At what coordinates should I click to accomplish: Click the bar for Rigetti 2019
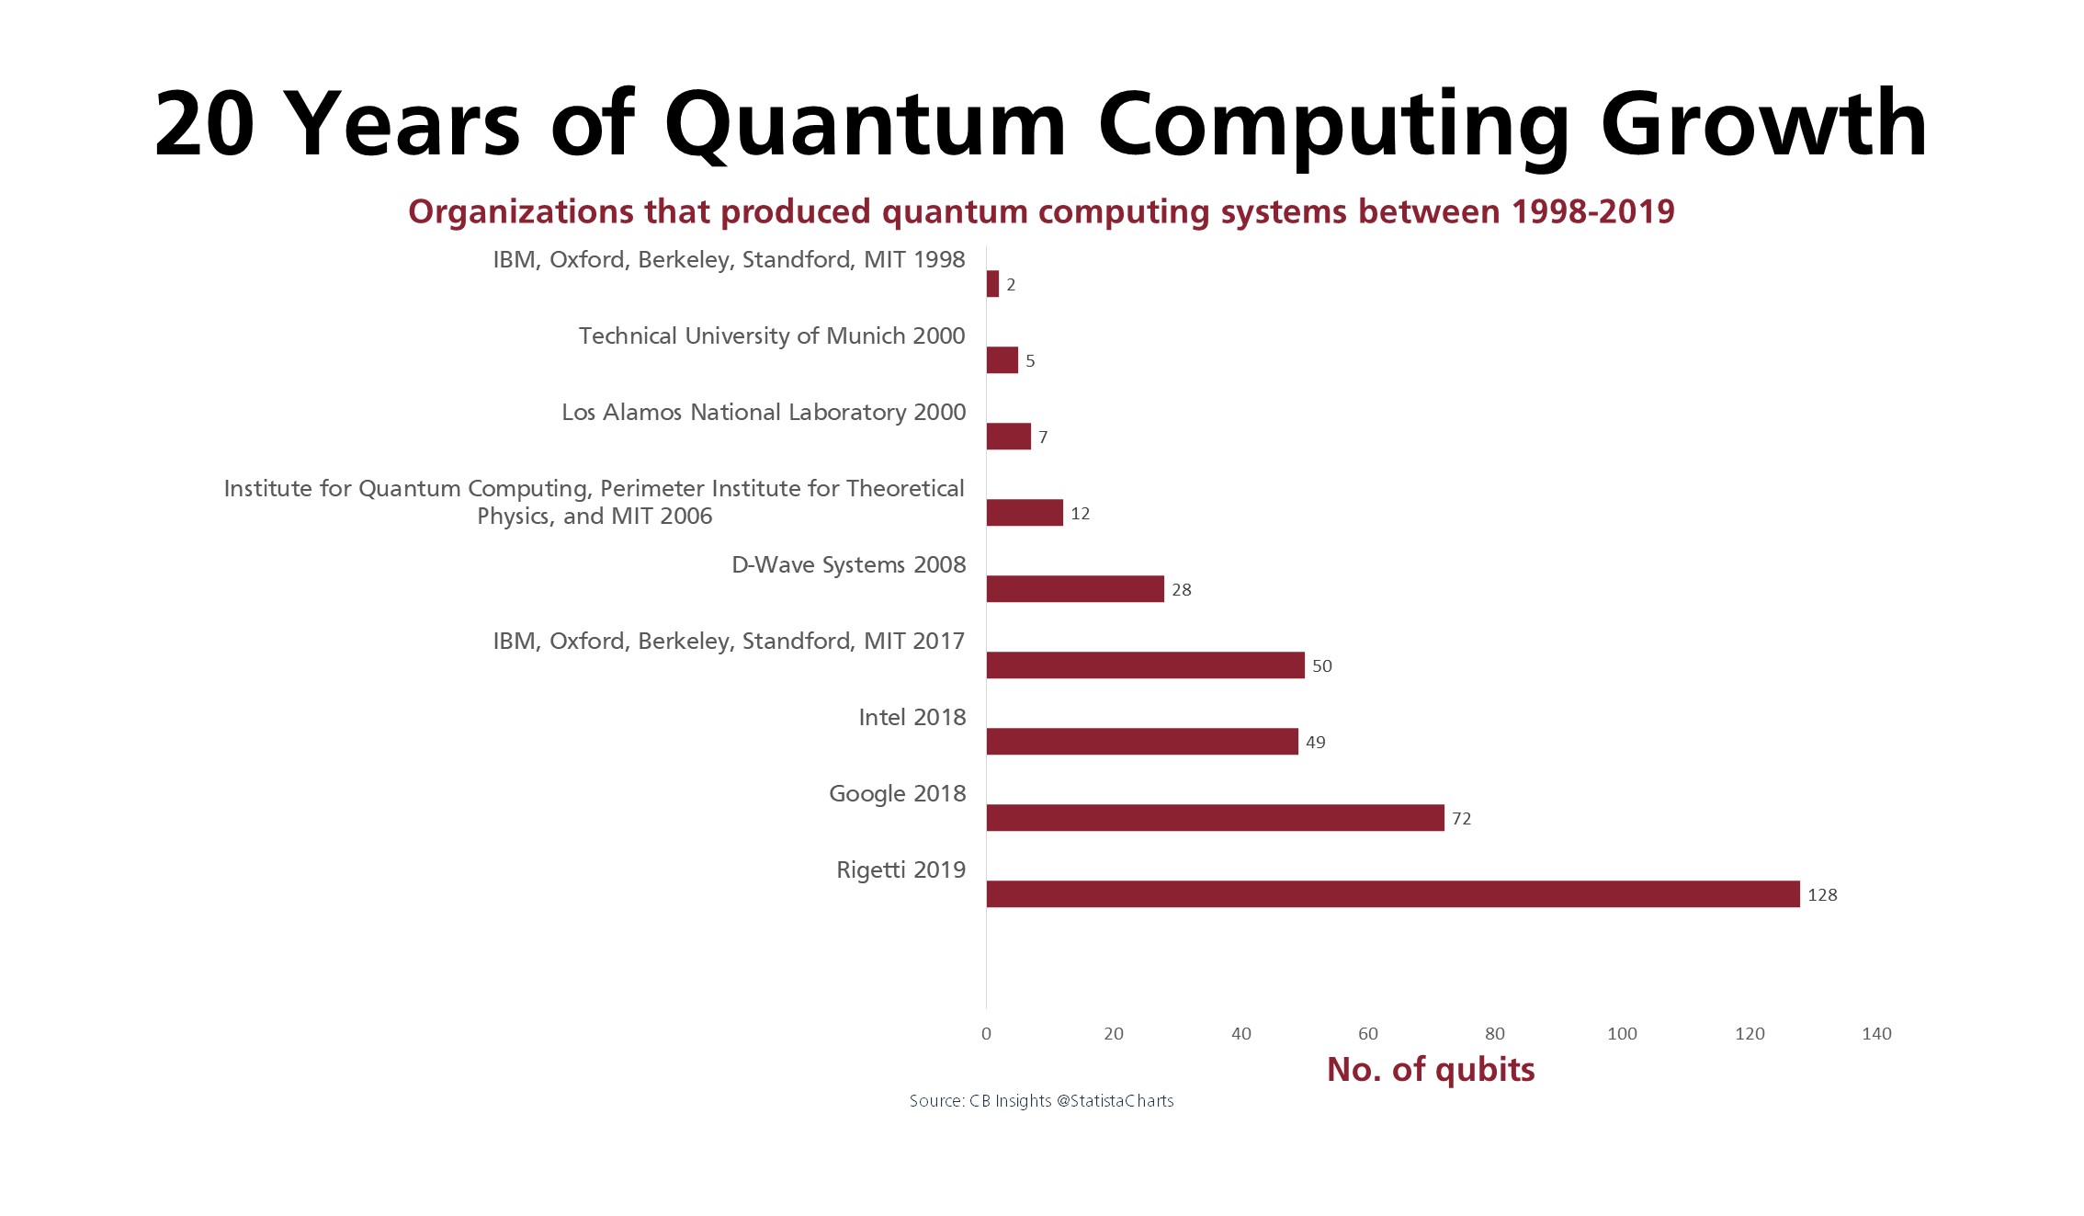tap(1392, 893)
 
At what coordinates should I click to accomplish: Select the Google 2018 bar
tap(1215, 817)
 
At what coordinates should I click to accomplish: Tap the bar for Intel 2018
tap(1142, 741)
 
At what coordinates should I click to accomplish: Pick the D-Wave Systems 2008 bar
tap(1075, 588)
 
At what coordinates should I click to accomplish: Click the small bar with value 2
tap(992, 284)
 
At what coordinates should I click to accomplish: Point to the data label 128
tap(1821, 894)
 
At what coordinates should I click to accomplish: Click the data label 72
tap(1461, 818)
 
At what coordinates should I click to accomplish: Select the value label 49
tap(1315, 742)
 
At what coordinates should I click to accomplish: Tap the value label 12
tap(1080, 513)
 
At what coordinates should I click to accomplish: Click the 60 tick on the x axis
tap(1367, 1033)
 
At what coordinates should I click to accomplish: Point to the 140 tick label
tap(1875, 1033)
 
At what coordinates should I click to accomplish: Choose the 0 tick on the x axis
tap(986, 1033)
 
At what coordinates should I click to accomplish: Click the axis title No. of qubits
tap(1430, 1069)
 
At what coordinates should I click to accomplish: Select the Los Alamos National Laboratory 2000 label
tap(763, 412)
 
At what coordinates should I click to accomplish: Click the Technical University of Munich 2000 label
tap(771, 335)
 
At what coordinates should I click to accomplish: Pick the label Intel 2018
tap(912, 717)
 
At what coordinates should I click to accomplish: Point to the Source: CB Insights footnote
tap(1041, 1100)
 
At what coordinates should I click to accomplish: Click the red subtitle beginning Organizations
tap(1041, 211)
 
